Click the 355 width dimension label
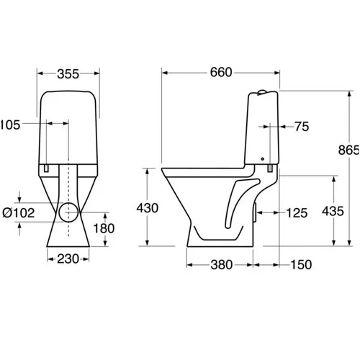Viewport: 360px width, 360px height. coord(68,74)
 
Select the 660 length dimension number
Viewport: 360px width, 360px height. coord(221,73)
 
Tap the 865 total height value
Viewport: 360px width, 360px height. coord(348,150)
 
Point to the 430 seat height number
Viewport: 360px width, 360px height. coord(148,208)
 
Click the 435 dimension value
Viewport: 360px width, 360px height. coord(333,212)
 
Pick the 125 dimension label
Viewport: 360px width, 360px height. coord(297,213)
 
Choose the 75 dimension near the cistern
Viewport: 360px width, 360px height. coord(302,127)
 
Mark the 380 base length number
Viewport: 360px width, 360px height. coord(222,265)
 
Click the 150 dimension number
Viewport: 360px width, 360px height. coord(301,265)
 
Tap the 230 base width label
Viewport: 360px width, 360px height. coord(68,259)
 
